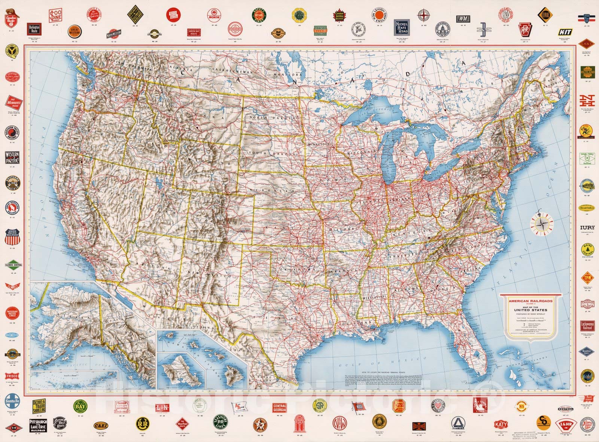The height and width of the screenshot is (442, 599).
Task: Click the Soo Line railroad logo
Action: tap(55, 16)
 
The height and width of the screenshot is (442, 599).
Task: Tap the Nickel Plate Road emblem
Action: tap(402, 27)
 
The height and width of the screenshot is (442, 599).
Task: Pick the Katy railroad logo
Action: tap(501, 424)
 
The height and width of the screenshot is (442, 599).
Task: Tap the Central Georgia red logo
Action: tap(279, 408)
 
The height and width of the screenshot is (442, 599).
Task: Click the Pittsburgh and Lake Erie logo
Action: tap(38, 425)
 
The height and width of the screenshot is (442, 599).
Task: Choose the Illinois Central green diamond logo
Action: tap(13, 265)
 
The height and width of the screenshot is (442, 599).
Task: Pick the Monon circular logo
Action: tap(213, 16)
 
